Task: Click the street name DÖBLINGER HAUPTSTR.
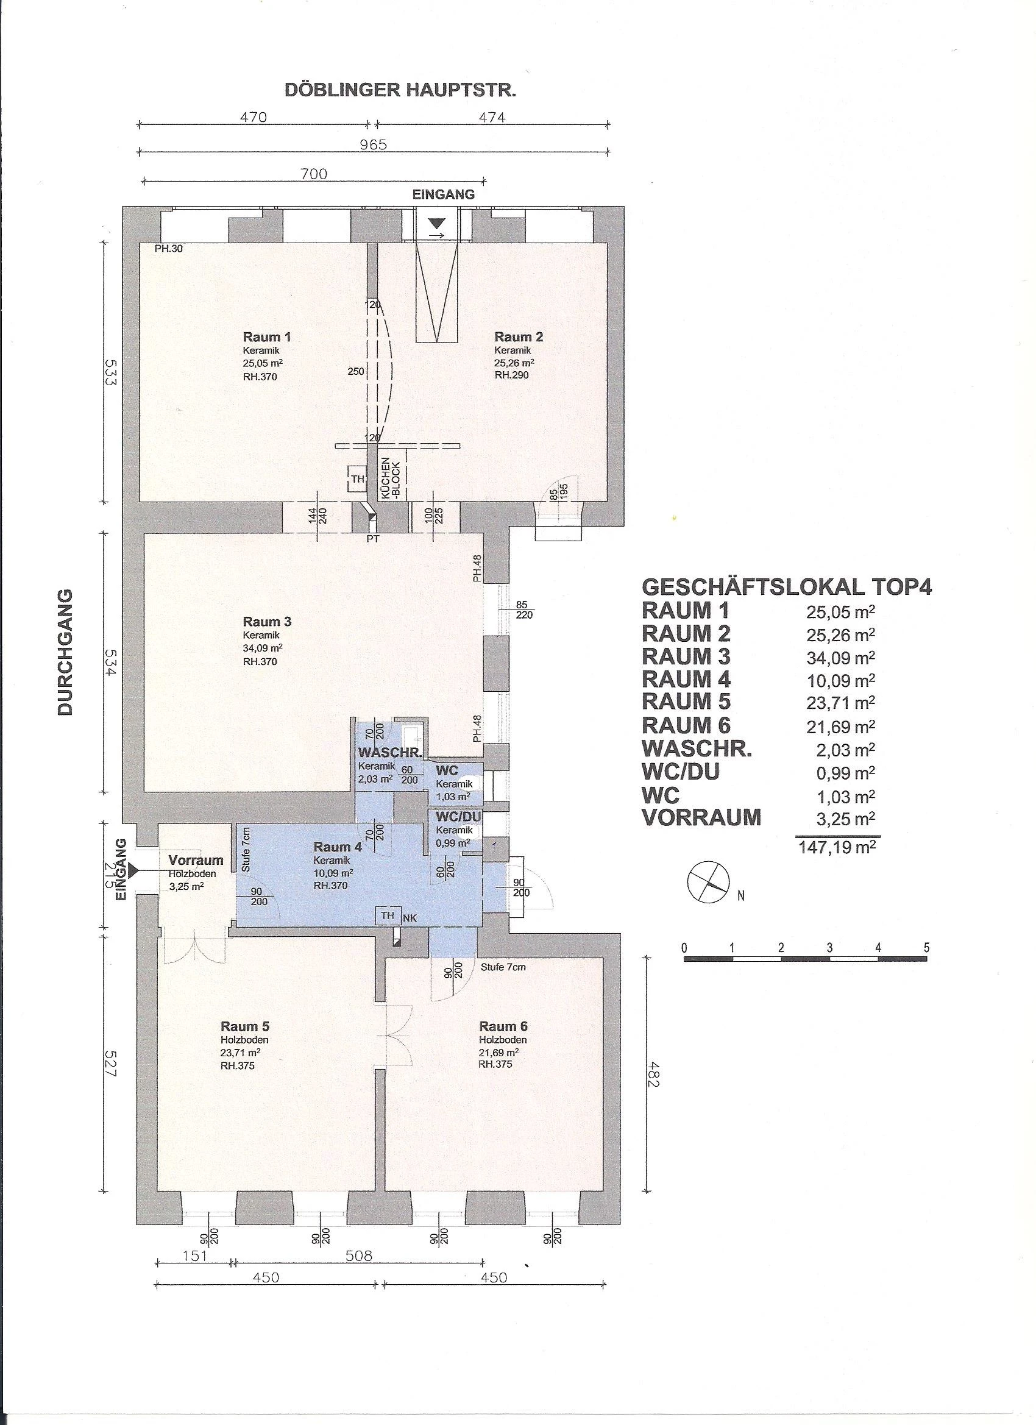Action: coord(401,90)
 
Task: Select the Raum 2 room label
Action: coord(519,337)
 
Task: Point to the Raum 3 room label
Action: coord(267,622)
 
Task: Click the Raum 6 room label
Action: coord(503,1026)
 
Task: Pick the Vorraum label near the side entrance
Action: coord(196,860)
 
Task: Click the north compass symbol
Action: coord(709,882)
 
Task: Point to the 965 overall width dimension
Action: coord(373,144)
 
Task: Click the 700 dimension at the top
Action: coord(313,174)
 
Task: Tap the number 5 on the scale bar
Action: coord(927,948)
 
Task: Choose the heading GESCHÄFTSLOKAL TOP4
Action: coord(787,588)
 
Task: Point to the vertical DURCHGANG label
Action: coord(65,652)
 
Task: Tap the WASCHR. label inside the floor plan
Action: coord(389,753)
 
